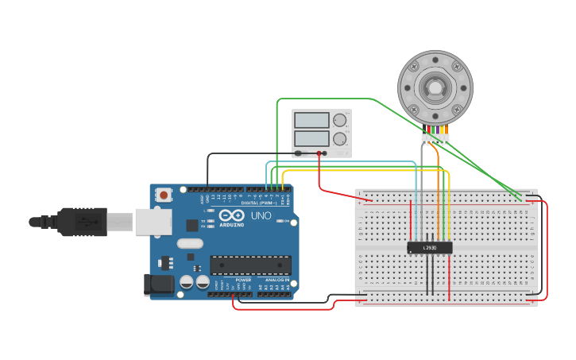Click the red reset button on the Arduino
point(164,195)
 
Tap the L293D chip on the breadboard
point(430,248)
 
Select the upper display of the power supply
point(311,121)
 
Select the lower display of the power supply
point(311,138)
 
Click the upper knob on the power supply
point(340,120)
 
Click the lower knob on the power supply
point(340,138)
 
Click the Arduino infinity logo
point(233,215)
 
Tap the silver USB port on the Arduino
point(153,223)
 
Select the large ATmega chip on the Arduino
point(250,265)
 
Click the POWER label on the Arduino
point(243,280)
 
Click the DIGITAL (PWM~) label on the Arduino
point(266,203)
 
